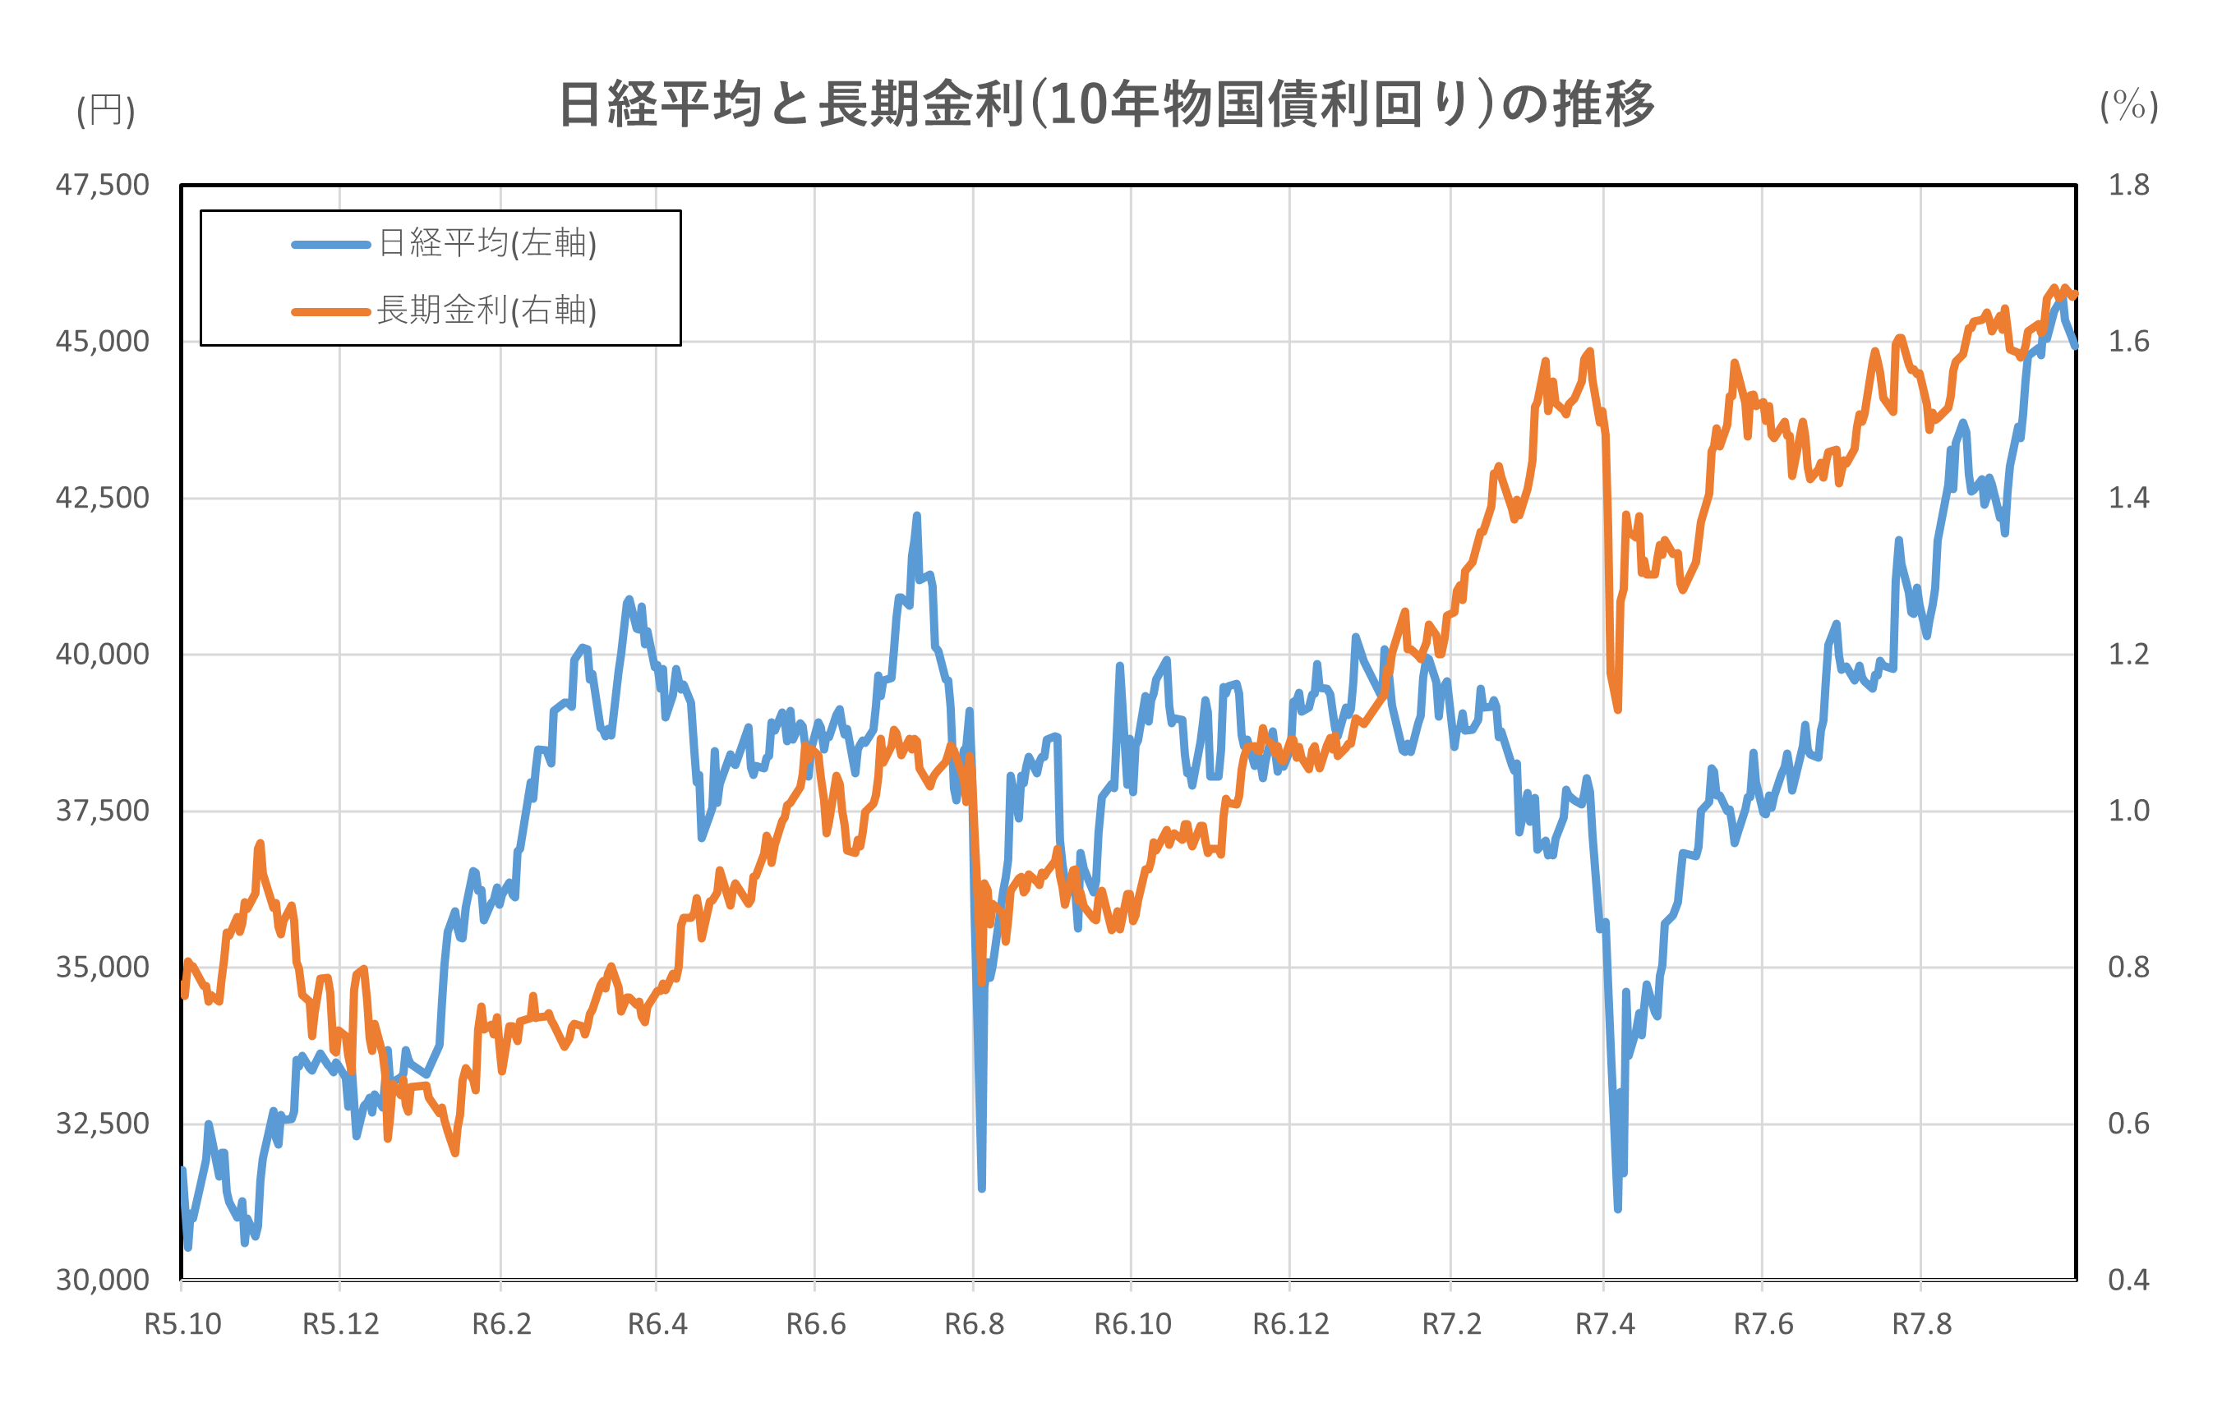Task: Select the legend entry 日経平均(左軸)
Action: pos(487,244)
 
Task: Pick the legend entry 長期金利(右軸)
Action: pos(486,310)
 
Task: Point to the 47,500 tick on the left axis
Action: pos(103,186)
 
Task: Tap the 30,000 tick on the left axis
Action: pos(103,1280)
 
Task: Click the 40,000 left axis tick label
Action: pos(103,655)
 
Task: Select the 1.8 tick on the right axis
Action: pos(2127,186)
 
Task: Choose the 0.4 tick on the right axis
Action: pos(2127,1280)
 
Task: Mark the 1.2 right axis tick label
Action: pos(2127,655)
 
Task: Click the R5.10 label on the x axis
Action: pos(182,1325)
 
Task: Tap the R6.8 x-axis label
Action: pos(974,1325)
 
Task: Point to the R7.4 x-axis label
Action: pos(1605,1325)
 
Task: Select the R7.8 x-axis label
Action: pos(1922,1325)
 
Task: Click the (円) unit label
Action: pos(106,111)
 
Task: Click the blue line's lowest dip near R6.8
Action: pos(982,1187)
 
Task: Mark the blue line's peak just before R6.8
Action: pos(916,517)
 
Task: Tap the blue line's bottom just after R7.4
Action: pos(1617,1207)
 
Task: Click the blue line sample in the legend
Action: pos(330,245)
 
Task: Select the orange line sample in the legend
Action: pos(330,312)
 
